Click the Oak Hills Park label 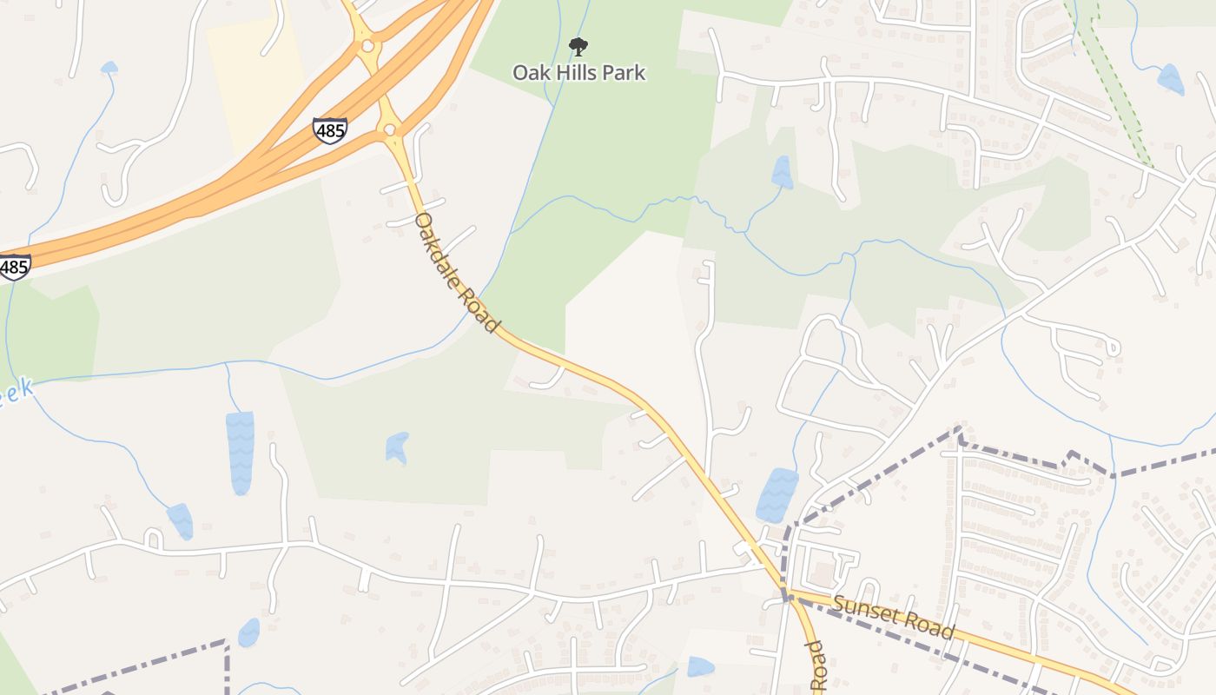click(578, 72)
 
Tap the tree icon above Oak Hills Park click(578, 47)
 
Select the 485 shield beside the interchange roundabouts click(330, 130)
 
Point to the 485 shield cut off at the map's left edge click(14, 267)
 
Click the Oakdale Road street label click(456, 272)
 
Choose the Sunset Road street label click(894, 617)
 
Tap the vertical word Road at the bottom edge click(816, 667)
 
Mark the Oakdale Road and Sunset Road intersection click(788, 597)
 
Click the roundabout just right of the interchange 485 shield click(389, 130)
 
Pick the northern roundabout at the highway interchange click(367, 45)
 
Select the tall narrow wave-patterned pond click(240, 452)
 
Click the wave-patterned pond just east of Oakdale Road click(777, 493)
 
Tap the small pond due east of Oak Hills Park click(782, 172)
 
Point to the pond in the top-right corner click(1170, 80)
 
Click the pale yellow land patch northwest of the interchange click(256, 83)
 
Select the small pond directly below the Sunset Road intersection click(700, 666)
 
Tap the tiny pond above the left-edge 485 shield click(109, 68)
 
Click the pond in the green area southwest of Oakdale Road click(397, 447)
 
